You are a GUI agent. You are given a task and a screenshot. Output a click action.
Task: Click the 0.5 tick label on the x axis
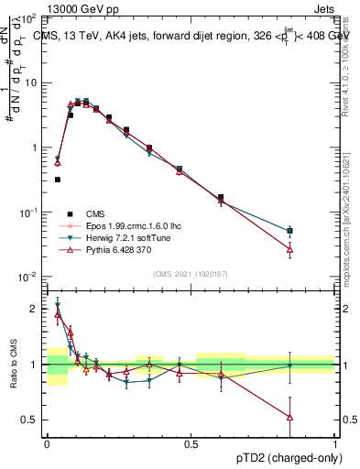coord(191,444)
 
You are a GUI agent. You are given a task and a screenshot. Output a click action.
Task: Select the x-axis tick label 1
coord(334,444)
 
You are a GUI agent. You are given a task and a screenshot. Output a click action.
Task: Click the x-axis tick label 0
coord(47,444)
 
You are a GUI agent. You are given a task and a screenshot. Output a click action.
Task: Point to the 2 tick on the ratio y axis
coord(35,309)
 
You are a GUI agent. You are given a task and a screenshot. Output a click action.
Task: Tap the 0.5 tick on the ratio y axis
coord(31,420)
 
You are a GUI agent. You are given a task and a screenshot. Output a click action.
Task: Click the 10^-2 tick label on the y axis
coord(27,277)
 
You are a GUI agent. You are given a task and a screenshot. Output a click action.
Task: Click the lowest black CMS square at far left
coord(58,180)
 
